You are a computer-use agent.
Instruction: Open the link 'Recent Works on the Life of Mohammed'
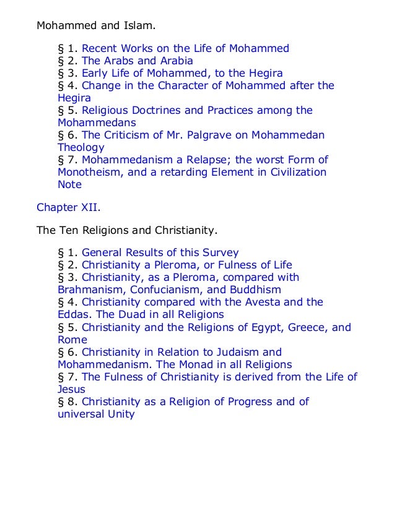pyautogui.click(x=185, y=48)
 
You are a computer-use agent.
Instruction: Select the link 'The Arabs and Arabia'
pyautogui.click(x=137, y=61)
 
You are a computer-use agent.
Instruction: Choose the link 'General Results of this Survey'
pyautogui.click(x=160, y=252)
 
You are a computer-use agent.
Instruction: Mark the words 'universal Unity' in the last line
pyautogui.click(x=95, y=414)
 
